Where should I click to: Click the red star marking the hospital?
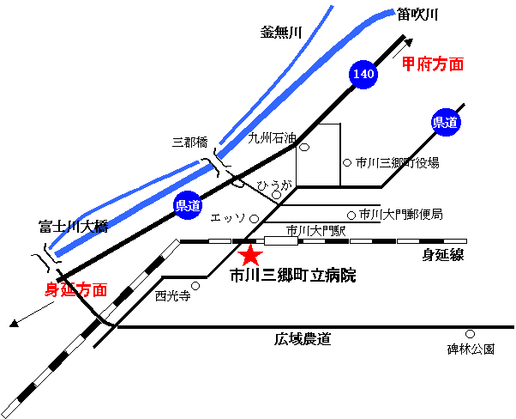pos(250,256)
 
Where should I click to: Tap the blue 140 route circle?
pos(363,74)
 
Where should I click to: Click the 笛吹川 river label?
pos(417,15)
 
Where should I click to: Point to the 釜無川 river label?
pos(281,33)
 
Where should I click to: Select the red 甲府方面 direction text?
pos(433,64)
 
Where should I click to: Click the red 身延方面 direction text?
pos(76,289)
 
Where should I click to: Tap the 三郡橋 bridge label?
pos(190,143)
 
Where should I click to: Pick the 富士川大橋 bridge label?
pos(74,227)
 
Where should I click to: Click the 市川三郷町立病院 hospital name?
pos(293,276)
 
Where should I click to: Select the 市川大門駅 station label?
pos(316,230)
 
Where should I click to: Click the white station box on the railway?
pos(281,241)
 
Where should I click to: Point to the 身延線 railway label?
pos(443,255)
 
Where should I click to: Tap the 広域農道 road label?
pos(303,339)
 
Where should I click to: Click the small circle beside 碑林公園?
pos(470,334)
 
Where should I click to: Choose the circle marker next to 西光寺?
pos(195,286)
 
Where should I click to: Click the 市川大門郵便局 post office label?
pos(400,215)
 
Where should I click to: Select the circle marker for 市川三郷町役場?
pos(347,162)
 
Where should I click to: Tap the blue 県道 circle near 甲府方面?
pos(446,122)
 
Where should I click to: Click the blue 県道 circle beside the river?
pos(187,206)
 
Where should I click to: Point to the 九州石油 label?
pos(272,138)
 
